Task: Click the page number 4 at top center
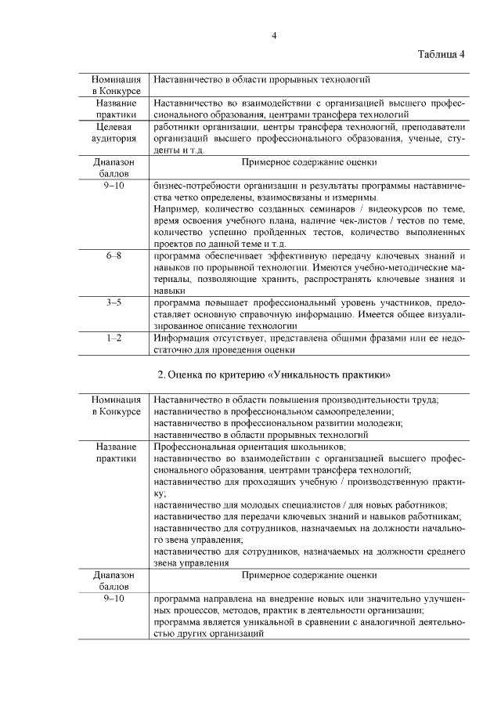click(274, 35)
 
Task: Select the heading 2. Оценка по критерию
click(273, 374)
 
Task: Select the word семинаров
click(311, 211)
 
